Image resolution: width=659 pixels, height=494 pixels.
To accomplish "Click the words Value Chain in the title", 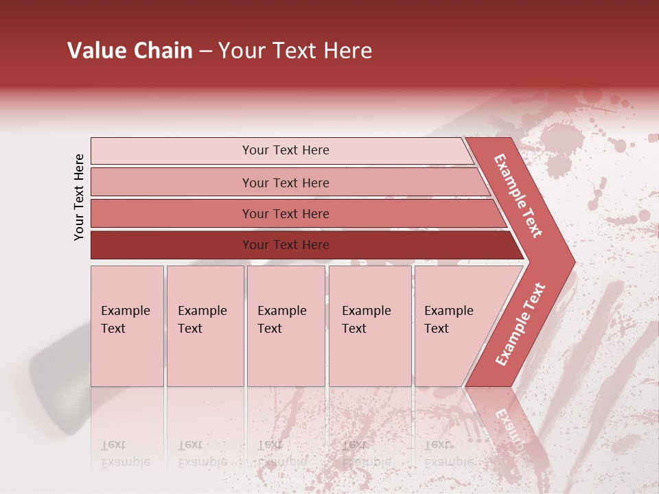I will (130, 51).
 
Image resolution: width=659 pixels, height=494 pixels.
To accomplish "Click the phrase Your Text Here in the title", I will (295, 51).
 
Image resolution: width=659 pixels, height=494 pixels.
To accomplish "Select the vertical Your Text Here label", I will (79, 197).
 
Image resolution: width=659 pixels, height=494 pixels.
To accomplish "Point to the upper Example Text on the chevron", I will (519, 196).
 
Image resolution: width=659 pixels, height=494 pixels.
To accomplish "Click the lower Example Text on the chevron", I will (520, 325).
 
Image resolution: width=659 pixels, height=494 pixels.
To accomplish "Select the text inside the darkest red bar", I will (286, 245).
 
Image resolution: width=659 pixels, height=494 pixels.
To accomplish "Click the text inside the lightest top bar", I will (286, 150).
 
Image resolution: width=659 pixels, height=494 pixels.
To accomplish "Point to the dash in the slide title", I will (205, 51).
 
